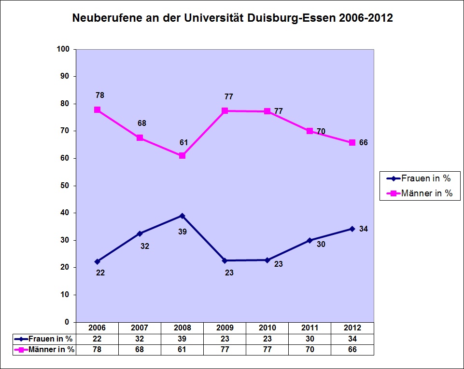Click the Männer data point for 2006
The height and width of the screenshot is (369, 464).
point(97,110)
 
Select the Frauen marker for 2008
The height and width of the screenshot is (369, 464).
point(182,216)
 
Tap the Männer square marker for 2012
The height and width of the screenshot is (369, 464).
point(352,143)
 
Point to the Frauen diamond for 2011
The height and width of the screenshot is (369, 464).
point(310,240)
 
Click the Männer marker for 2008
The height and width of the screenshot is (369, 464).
point(182,156)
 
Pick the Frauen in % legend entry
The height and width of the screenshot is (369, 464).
point(419,178)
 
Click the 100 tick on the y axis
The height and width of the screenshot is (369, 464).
point(64,49)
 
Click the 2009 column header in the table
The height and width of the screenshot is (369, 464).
point(225,328)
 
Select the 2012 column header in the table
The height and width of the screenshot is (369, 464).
point(352,328)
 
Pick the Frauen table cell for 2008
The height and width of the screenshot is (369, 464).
point(182,339)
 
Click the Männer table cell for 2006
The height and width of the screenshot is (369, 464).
point(97,350)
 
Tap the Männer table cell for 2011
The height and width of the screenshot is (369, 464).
point(310,350)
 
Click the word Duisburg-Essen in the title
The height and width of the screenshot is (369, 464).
point(302,19)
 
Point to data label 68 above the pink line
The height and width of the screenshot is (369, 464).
point(141,123)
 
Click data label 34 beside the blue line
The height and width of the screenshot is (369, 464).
point(364,229)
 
